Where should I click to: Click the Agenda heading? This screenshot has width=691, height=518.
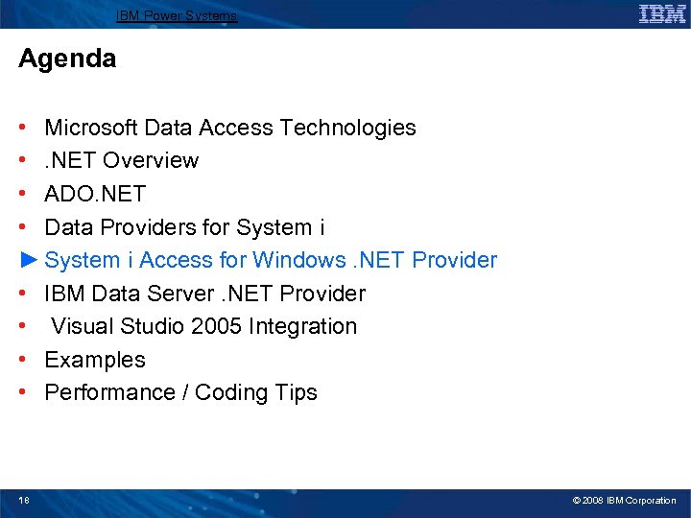coord(67,59)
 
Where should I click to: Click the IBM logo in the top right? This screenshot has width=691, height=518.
coord(661,13)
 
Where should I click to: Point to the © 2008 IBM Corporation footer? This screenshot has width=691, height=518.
coord(624,500)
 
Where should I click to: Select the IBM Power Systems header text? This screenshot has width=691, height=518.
coord(177,15)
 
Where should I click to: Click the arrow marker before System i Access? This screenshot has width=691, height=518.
coord(28,260)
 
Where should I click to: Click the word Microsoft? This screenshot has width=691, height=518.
coord(92,128)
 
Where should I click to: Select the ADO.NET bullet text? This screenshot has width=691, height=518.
coord(95,194)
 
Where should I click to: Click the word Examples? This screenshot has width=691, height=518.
coord(95,360)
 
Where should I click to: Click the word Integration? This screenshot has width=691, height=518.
coord(302,326)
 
